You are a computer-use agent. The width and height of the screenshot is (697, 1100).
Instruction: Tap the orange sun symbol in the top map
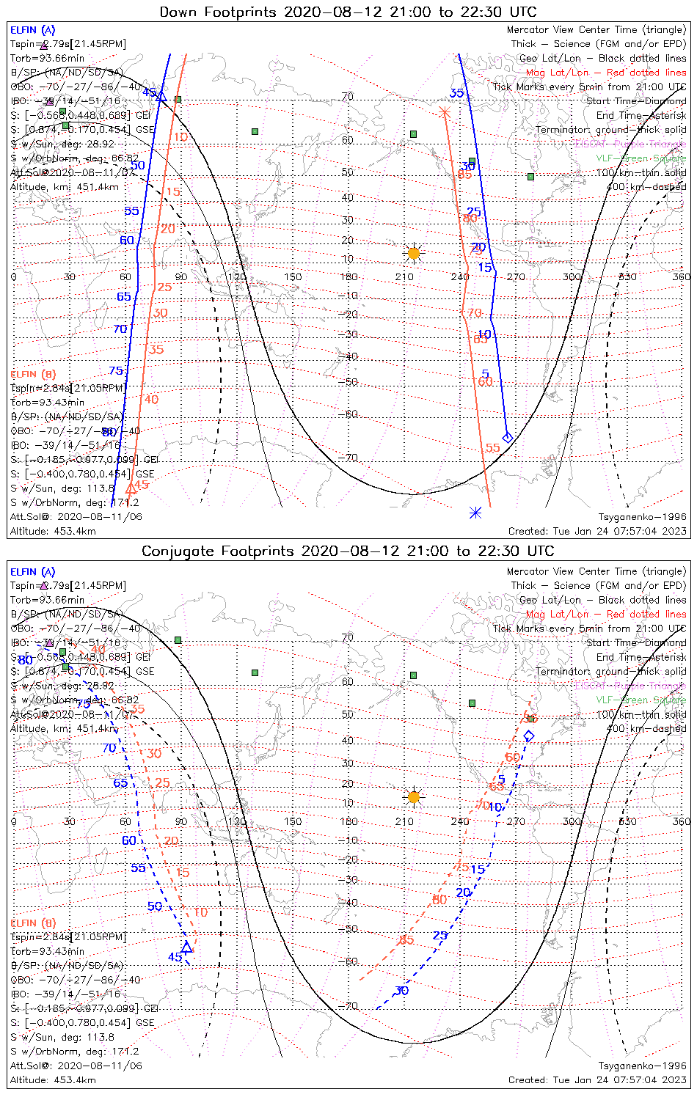click(414, 253)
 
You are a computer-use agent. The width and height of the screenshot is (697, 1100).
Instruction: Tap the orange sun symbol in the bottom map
click(414, 797)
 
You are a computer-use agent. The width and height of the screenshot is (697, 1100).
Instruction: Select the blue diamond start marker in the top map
click(507, 437)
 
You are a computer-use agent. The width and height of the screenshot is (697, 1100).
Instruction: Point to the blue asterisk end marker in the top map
click(475, 513)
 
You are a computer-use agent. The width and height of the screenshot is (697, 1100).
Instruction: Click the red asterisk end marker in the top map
click(444, 112)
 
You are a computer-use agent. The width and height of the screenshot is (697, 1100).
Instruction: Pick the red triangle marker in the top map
click(131, 488)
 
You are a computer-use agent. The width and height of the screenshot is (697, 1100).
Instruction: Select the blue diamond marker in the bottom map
click(529, 736)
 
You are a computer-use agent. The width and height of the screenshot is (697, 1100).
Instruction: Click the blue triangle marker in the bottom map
click(186, 947)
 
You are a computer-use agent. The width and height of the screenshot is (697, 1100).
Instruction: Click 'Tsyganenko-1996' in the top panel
click(643, 517)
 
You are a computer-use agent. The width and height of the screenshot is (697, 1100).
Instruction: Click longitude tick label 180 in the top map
click(348, 277)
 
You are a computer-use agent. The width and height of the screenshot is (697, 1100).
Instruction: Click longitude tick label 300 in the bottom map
click(572, 821)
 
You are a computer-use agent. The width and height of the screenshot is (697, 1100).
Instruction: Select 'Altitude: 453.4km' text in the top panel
click(53, 531)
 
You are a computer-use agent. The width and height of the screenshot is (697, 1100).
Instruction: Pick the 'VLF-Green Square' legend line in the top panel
click(641, 158)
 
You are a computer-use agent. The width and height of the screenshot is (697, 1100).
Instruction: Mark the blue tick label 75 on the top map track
click(116, 371)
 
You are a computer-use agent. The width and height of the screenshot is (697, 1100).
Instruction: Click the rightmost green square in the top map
click(530, 176)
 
